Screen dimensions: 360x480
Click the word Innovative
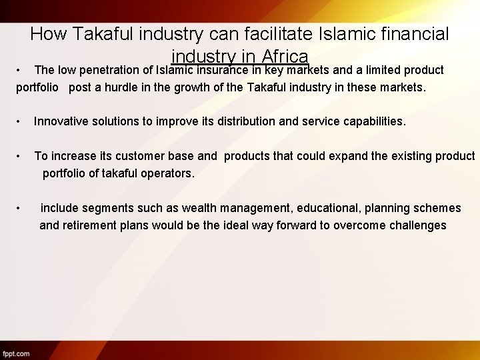coord(62,121)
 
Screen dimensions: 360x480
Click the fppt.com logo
coord(17,353)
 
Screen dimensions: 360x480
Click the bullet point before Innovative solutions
coord(20,121)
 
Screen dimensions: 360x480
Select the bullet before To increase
coord(20,156)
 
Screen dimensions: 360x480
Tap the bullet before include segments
coord(20,208)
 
